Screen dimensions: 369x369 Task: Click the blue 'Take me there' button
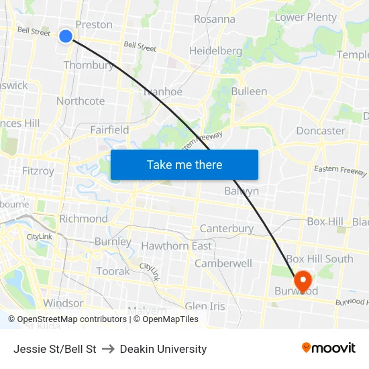point(184,164)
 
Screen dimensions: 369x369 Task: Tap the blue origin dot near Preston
point(66,36)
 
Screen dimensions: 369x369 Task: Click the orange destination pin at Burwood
point(302,280)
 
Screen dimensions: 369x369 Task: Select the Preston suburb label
point(94,25)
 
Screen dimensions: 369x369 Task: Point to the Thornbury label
point(89,65)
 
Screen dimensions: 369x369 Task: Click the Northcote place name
point(81,101)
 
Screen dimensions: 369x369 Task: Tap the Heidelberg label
point(215,51)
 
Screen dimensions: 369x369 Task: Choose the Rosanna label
point(215,19)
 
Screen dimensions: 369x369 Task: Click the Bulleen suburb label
point(249,91)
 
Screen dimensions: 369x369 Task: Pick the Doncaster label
point(321,131)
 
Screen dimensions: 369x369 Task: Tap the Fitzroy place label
point(38,171)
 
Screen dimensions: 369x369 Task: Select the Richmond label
point(83,219)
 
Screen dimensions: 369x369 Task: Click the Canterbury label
point(227,229)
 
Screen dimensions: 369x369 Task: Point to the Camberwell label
point(223,263)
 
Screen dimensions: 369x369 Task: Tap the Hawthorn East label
point(176,246)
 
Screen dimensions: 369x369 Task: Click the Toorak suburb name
point(113,271)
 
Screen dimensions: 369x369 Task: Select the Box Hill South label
point(319,258)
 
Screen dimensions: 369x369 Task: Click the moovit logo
point(328,348)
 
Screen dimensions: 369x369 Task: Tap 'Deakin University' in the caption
point(163,349)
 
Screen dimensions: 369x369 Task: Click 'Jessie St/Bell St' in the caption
point(55,349)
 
